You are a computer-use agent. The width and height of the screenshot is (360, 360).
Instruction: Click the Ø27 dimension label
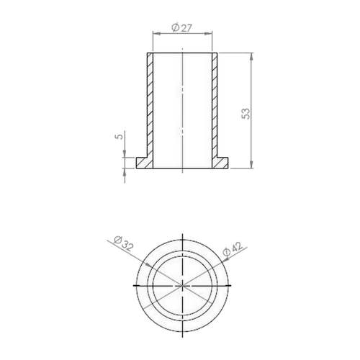click(182, 28)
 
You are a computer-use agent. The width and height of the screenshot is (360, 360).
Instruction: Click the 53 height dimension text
click(246, 114)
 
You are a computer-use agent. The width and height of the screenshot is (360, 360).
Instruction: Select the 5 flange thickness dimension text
click(120, 136)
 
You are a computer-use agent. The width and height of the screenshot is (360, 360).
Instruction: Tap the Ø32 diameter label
click(122, 243)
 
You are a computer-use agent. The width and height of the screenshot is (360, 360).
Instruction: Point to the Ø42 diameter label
click(233, 249)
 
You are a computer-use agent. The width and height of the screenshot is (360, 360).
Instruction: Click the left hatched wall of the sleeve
click(150, 105)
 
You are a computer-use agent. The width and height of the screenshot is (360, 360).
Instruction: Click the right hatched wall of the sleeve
click(215, 105)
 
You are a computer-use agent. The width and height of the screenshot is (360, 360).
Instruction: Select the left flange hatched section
click(145, 163)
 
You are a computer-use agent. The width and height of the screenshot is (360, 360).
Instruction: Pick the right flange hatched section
click(220, 163)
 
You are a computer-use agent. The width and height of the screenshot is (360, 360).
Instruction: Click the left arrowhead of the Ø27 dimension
click(156, 34)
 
